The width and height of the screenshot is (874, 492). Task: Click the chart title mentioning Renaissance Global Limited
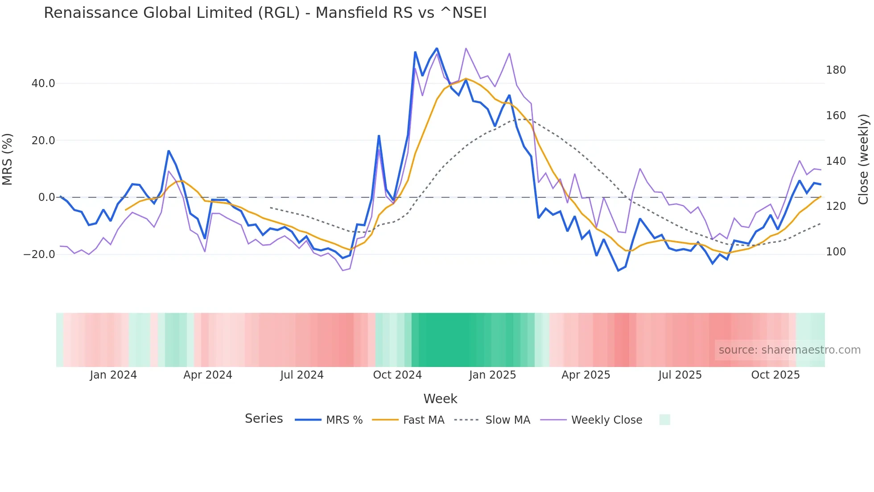(265, 13)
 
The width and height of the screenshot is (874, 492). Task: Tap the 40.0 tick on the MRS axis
(43, 83)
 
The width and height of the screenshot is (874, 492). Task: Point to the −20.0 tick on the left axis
(39, 254)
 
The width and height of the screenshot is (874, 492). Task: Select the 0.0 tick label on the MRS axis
(46, 197)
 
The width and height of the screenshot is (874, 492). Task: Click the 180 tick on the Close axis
(836, 70)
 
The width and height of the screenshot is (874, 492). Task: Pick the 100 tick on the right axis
(836, 252)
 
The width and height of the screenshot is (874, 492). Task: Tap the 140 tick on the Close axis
(836, 161)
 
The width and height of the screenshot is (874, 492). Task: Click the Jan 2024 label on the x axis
(113, 375)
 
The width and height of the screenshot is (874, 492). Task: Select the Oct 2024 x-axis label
(397, 375)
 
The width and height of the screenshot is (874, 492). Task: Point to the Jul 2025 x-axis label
(680, 375)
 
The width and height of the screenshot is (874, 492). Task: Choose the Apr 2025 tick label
(585, 375)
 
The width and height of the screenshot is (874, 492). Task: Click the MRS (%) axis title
(8, 159)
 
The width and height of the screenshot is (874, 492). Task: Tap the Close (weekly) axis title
(864, 159)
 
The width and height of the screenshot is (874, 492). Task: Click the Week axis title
(440, 399)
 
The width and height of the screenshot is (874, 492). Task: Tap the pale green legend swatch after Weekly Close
(664, 420)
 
